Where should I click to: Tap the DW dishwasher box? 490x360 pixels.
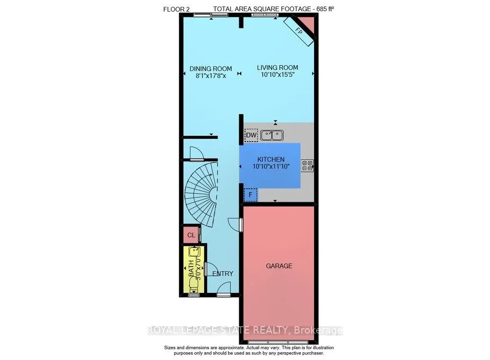(251, 135)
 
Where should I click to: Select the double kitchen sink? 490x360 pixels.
(272, 135)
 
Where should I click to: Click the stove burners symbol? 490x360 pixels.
(307, 166)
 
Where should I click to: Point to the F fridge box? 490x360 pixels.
(250, 195)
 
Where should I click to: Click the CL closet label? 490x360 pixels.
(191, 235)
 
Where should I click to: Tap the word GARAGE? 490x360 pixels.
(279, 266)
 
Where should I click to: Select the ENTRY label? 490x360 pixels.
(223, 273)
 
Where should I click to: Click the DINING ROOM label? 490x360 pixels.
(211, 68)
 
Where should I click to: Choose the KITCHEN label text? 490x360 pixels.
(271, 160)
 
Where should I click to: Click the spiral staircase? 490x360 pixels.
(203, 193)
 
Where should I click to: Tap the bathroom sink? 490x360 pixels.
(194, 253)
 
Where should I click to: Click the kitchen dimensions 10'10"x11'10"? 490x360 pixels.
(271, 167)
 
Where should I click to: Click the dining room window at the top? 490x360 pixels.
(211, 16)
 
